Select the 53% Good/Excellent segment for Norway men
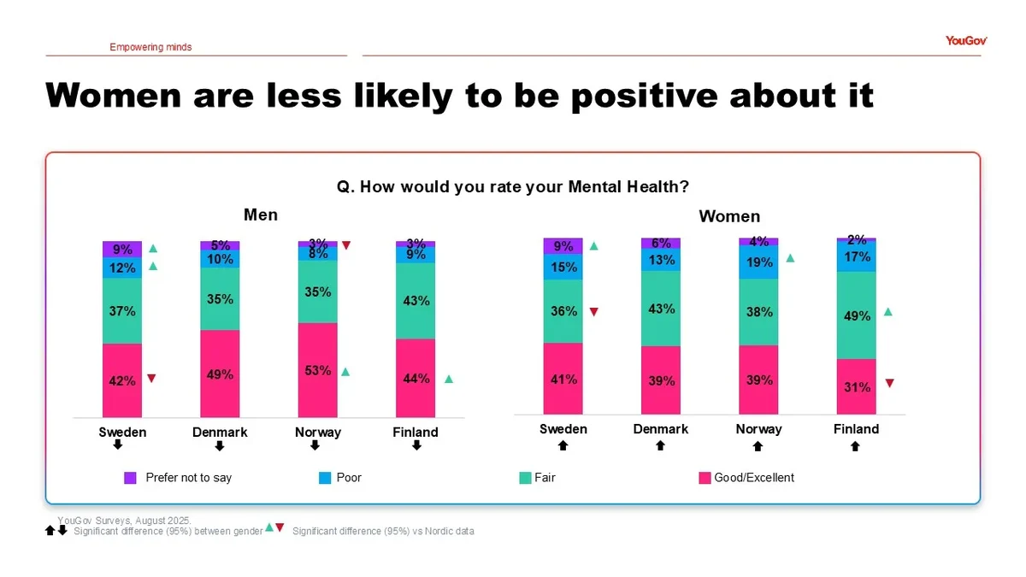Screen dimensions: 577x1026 pyautogui.click(x=317, y=370)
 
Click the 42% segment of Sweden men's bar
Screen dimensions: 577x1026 pyautogui.click(x=122, y=380)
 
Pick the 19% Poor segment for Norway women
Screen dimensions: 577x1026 pyautogui.click(x=758, y=263)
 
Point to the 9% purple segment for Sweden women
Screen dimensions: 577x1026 pyautogui.click(x=563, y=246)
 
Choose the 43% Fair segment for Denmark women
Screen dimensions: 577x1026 pyautogui.click(x=661, y=309)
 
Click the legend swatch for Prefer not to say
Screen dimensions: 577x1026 pyautogui.click(x=131, y=478)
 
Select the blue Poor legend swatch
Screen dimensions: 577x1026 pyautogui.click(x=325, y=478)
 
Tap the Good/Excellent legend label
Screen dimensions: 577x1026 pyautogui.click(x=754, y=478)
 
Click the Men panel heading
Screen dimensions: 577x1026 pyautogui.click(x=261, y=215)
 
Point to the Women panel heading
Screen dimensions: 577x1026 pyautogui.click(x=729, y=216)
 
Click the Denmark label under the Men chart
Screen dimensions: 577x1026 pyautogui.click(x=220, y=433)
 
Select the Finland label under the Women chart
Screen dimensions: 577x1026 pyautogui.click(x=856, y=429)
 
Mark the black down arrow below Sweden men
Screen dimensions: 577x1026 pyautogui.click(x=118, y=445)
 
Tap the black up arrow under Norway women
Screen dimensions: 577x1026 pyautogui.click(x=758, y=445)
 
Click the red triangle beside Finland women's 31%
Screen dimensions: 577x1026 pyautogui.click(x=889, y=384)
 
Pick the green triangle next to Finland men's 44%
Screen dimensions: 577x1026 pyautogui.click(x=449, y=379)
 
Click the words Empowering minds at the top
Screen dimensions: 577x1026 pyautogui.click(x=150, y=47)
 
